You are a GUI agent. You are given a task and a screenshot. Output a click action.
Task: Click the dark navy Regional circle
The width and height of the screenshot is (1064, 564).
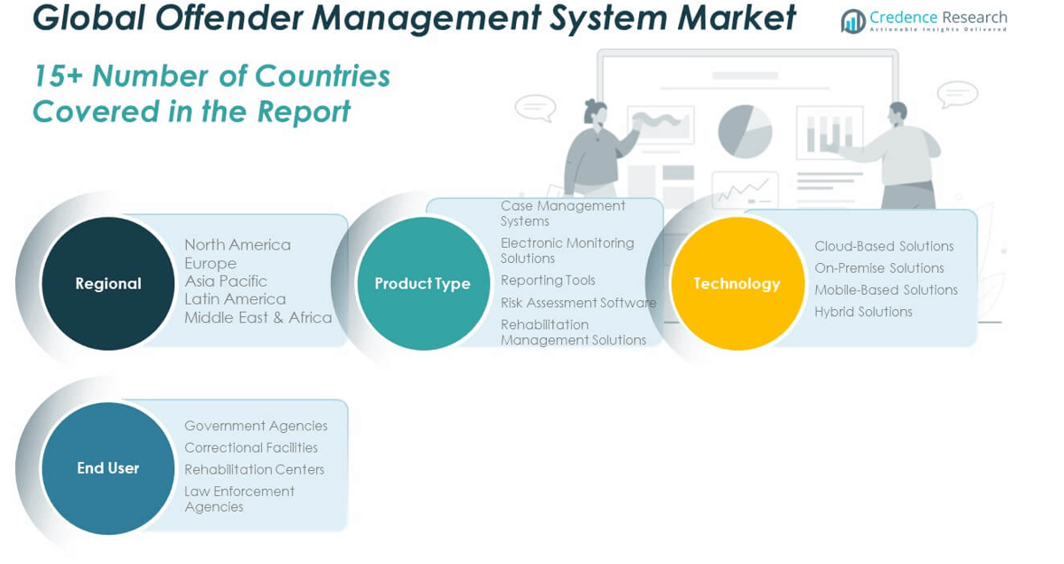[x=108, y=283]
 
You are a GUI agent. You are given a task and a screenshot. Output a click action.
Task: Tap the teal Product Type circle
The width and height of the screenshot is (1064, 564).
[x=422, y=283]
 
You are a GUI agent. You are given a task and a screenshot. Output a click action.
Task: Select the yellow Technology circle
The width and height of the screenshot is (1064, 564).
[x=736, y=283]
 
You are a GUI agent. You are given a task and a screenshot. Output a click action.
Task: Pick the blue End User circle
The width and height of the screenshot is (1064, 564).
[x=108, y=468]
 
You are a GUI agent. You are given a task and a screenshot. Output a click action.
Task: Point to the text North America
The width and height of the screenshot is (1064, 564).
[x=237, y=244]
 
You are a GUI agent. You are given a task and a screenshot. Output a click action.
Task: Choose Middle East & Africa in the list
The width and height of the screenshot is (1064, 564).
[x=258, y=317]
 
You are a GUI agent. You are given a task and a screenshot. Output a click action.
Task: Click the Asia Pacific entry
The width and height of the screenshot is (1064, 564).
[x=226, y=281]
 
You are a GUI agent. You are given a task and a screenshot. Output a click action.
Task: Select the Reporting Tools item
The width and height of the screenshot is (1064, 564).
[x=548, y=280]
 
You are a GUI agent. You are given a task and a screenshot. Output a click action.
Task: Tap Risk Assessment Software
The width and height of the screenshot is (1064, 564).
[x=578, y=303]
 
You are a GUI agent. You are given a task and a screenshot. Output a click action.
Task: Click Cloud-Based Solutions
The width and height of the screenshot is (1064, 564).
[x=883, y=246]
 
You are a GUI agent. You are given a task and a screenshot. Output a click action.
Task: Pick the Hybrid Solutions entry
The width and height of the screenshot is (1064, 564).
[x=863, y=312]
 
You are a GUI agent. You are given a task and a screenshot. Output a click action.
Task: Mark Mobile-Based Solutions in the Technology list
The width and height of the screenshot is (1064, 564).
[x=886, y=290]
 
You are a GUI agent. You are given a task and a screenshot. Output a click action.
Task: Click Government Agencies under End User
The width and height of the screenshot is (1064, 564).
[x=256, y=426]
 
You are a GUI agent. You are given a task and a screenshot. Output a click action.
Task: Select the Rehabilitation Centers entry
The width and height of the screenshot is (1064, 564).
[x=254, y=469]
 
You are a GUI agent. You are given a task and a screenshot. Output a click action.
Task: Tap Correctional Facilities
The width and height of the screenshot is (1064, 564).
[x=251, y=448]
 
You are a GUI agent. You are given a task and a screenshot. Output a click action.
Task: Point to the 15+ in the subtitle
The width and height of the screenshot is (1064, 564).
[x=58, y=76]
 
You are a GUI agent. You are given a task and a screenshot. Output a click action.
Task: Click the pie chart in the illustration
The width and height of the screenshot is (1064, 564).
[x=744, y=130]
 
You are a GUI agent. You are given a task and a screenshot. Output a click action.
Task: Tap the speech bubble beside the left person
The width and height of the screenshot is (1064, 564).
[x=535, y=107]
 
